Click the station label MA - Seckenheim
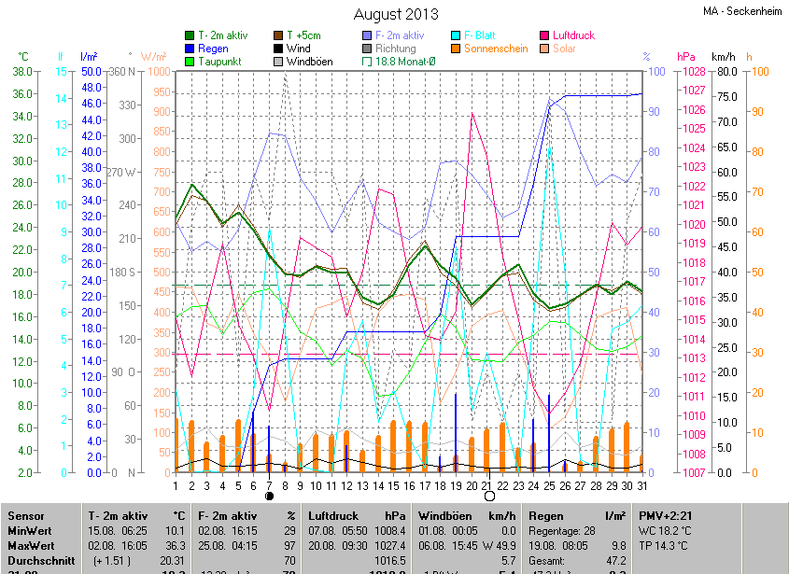tap(742, 11)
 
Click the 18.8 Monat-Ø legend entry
tap(403, 62)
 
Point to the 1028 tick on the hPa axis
tap(689, 72)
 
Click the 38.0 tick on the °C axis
tap(23, 72)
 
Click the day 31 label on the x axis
tap(642, 485)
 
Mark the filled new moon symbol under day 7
tap(269, 497)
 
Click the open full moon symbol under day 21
tap(487, 497)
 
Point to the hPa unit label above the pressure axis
tap(686, 57)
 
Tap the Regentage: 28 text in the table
tap(562, 530)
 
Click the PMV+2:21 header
tap(667, 516)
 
